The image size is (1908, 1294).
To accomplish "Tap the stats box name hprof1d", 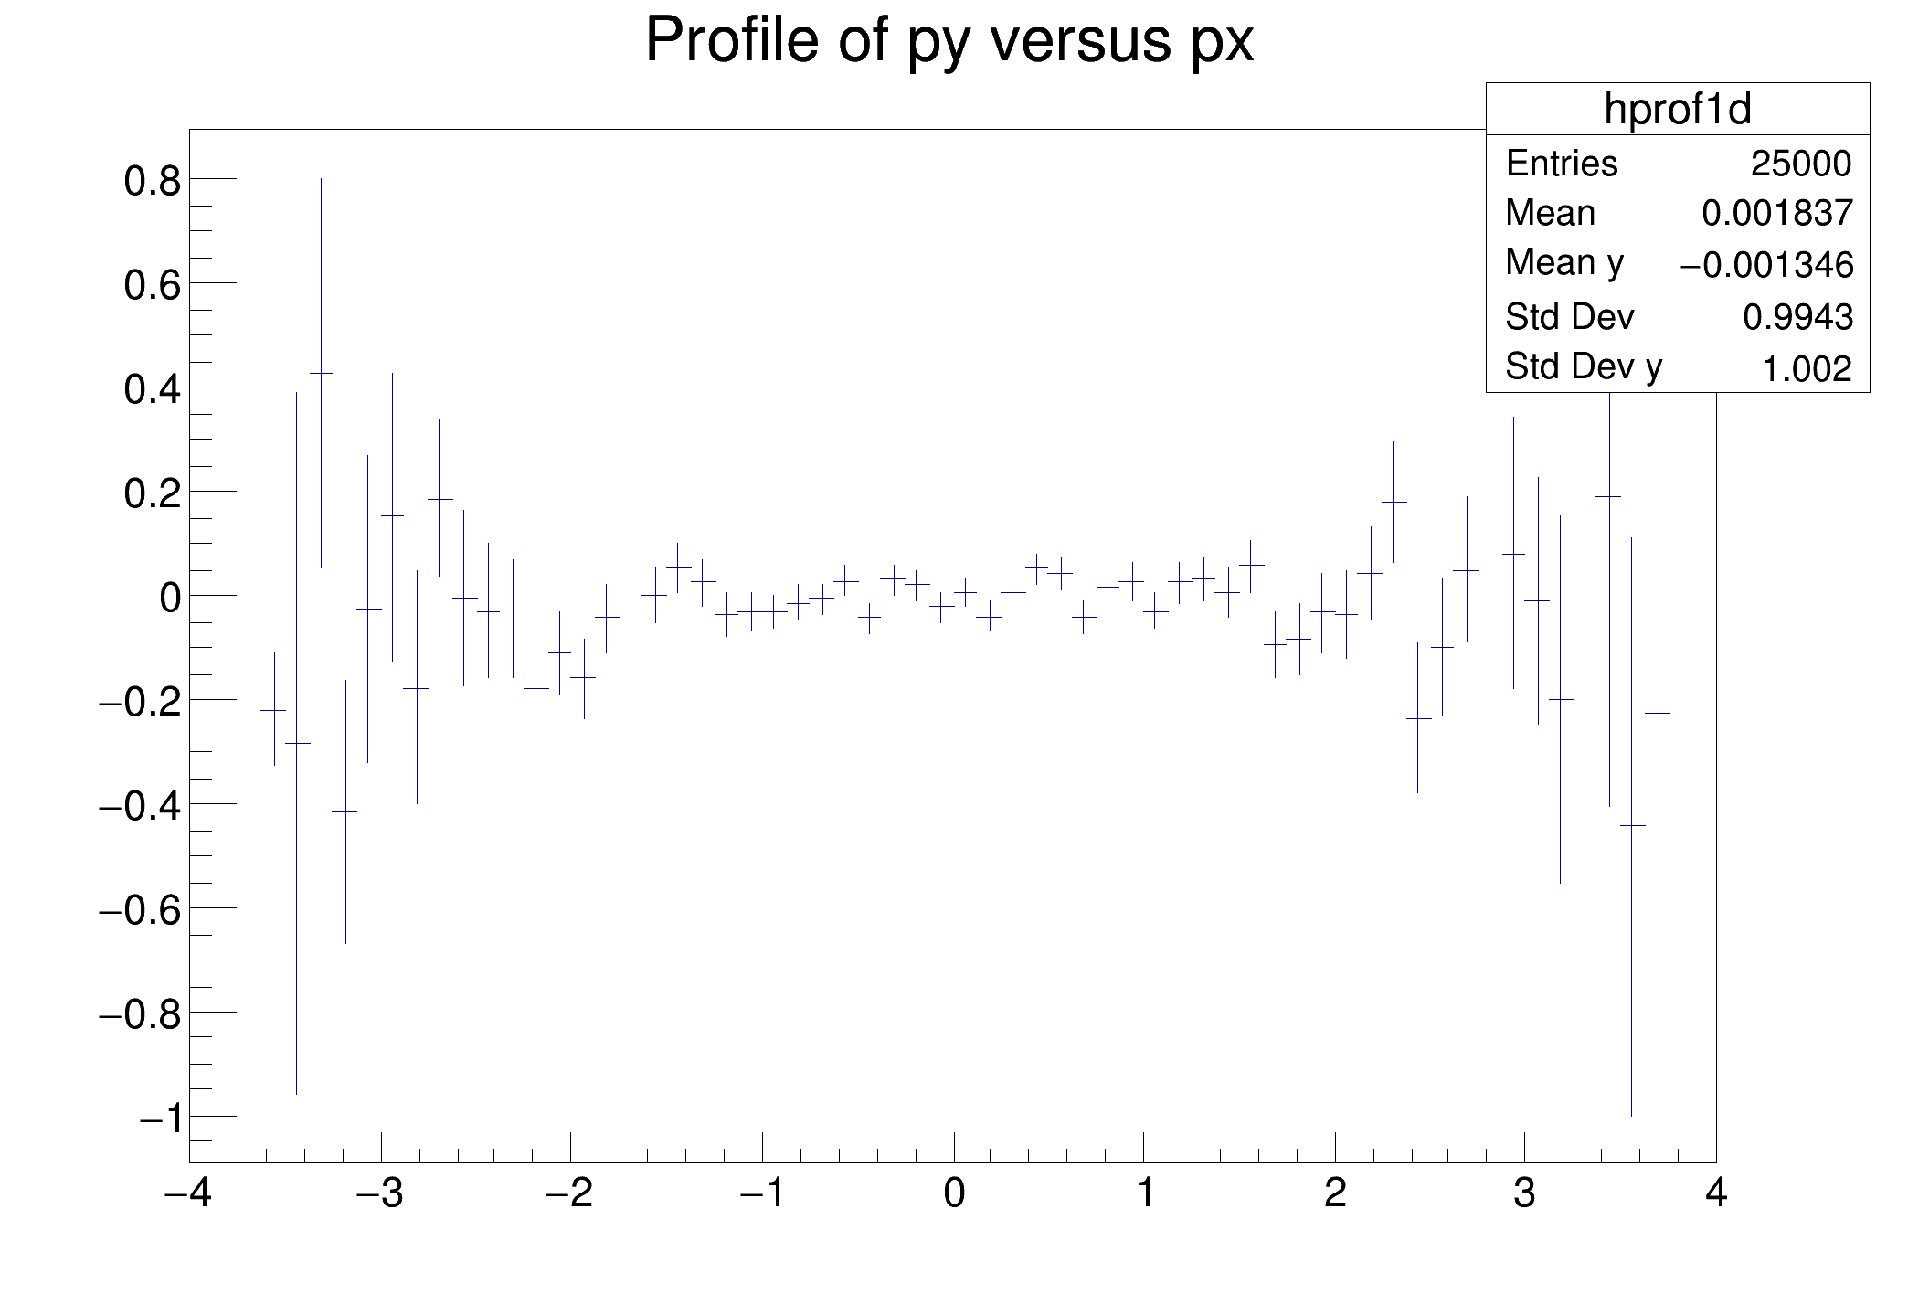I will [1678, 110].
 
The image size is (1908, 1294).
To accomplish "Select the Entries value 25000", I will [1801, 164].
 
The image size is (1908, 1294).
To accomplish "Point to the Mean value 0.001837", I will [1777, 213].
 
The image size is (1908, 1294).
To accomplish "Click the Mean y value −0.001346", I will [1766, 265].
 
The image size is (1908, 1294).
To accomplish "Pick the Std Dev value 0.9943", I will [1797, 317].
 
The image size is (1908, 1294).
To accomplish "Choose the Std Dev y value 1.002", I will [1807, 369].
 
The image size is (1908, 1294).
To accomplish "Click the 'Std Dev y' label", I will [1584, 367].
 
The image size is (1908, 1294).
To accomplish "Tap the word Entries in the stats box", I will [1562, 164].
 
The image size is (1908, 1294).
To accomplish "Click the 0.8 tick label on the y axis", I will [152, 181].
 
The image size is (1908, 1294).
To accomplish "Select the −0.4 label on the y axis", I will [140, 806].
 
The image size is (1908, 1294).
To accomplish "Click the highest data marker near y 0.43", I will [321, 373].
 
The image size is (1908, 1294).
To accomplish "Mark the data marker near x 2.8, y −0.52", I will [1489, 864].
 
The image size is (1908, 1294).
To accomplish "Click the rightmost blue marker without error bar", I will [1657, 713].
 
